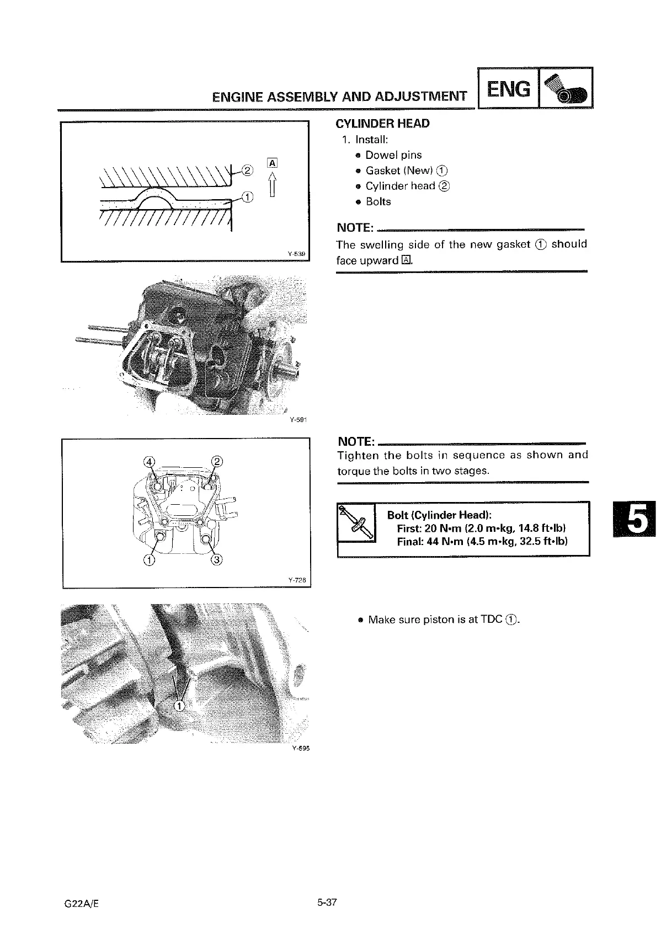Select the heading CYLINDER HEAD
pyautogui.click(x=382, y=124)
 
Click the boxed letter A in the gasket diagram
pyautogui.click(x=271, y=162)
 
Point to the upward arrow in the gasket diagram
pyautogui.click(x=272, y=183)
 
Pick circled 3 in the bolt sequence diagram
pyautogui.click(x=216, y=560)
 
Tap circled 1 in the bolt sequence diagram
pyautogui.click(x=148, y=560)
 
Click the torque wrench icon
pyautogui.click(x=356, y=523)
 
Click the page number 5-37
pyautogui.click(x=327, y=903)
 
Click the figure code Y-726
pyautogui.click(x=297, y=580)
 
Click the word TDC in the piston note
pyautogui.click(x=491, y=620)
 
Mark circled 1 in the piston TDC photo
pyautogui.click(x=179, y=707)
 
